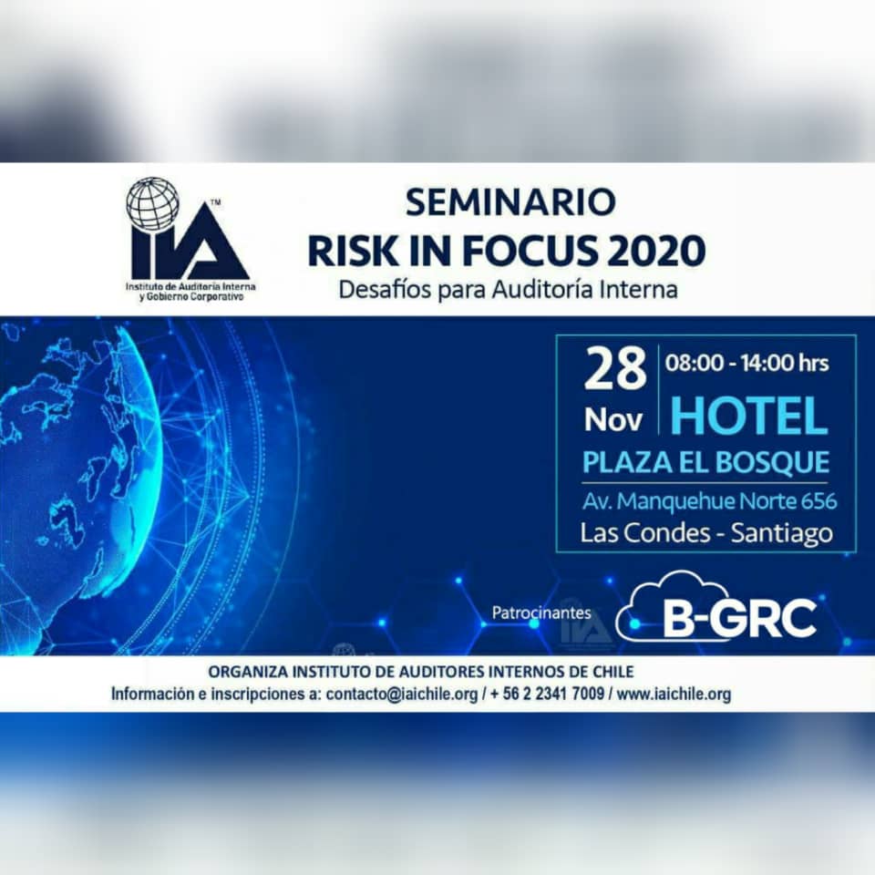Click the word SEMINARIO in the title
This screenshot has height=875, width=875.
(510, 202)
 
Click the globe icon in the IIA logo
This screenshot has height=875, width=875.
(152, 204)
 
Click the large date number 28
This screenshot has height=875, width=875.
(615, 369)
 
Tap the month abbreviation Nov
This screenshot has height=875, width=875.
(613, 419)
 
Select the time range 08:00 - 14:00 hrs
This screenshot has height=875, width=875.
(746, 364)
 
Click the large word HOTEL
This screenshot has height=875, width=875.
(749, 417)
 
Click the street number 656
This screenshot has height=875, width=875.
(818, 501)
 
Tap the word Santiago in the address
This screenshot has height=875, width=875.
(781, 533)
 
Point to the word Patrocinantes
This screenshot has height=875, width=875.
(541, 612)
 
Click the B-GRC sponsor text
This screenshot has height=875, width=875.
(739, 618)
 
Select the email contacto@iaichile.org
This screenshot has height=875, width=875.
(402, 695)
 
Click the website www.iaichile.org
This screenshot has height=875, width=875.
(674, 695)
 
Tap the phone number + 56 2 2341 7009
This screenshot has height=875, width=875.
(548, 695)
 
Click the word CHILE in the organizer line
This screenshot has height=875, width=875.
(613, 672)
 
